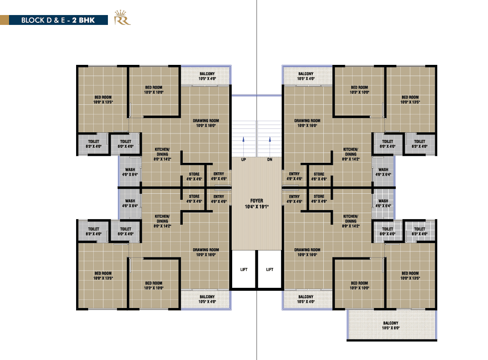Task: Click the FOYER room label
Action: pos(257,203)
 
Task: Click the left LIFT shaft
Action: pos(244,269)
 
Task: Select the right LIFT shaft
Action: pos(270,269)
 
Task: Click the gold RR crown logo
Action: pos(122,18)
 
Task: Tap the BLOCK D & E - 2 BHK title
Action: pos(58,20)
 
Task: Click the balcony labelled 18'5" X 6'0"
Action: pos(391,325)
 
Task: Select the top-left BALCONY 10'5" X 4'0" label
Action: pos(207,76)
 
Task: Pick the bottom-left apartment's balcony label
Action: pos(207,299)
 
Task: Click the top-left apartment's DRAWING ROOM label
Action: pos(206,123)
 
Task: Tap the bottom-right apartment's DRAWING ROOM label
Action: pos(307,252)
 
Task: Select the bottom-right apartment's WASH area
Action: pos(383,203)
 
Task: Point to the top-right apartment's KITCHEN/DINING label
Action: pos(350,154)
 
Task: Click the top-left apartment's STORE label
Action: pos(194,177)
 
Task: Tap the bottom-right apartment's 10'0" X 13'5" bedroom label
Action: pos(410,275)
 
